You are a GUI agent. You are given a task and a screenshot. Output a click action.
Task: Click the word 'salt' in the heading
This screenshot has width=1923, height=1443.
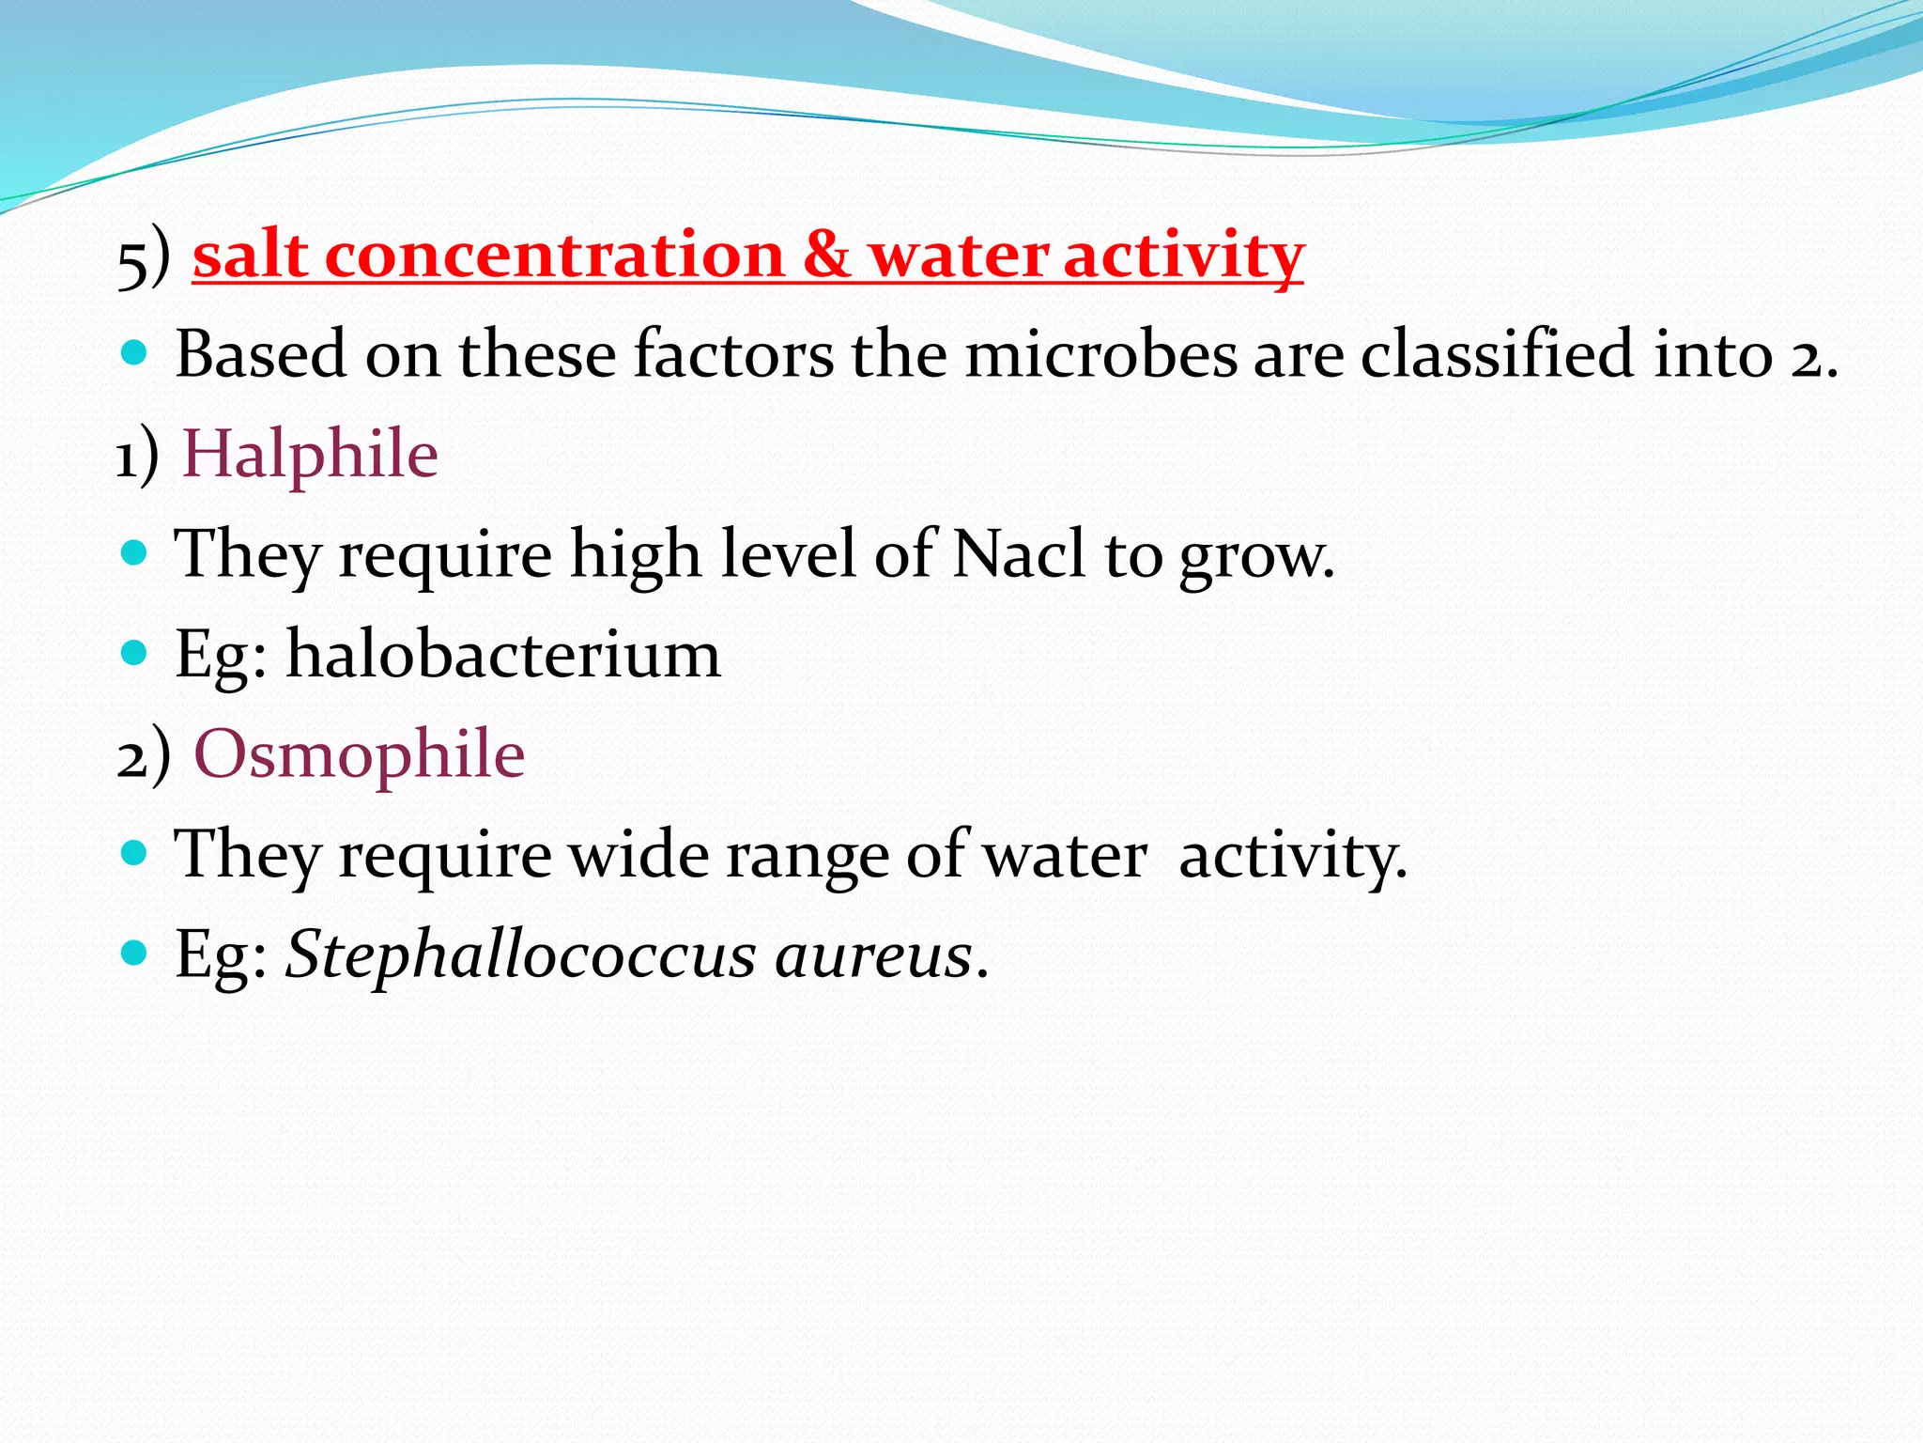(x=250, y=256)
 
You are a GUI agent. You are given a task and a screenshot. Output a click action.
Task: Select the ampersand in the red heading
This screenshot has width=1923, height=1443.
(x=825, y=256)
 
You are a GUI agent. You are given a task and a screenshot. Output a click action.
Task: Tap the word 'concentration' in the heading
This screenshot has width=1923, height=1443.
(x=554, y=256)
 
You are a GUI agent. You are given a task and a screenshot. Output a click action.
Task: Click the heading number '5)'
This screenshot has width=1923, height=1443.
(x=144, y=258)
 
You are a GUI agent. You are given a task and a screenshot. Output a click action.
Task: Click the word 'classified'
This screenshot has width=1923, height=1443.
(x=1497, y=355)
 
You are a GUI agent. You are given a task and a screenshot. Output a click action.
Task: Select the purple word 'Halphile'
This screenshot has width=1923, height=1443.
(x=310, y=455)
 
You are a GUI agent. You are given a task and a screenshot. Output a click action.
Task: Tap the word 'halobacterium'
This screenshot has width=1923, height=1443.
(x=503, y=655)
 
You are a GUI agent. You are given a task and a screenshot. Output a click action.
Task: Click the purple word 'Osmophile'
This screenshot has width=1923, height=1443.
(x=359, y=754)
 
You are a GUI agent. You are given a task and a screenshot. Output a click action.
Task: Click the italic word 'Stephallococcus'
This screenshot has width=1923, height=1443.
(x=521, y=955)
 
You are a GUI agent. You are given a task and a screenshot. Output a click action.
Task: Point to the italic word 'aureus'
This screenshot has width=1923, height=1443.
(x=874, y=955)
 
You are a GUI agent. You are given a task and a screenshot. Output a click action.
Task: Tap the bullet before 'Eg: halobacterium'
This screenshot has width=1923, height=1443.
(x=135, y=653)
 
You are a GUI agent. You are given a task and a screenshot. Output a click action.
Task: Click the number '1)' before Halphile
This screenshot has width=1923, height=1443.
(x=137, y=458)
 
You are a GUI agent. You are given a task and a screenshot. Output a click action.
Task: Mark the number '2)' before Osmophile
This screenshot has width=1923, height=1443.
(x=144, y=756)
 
